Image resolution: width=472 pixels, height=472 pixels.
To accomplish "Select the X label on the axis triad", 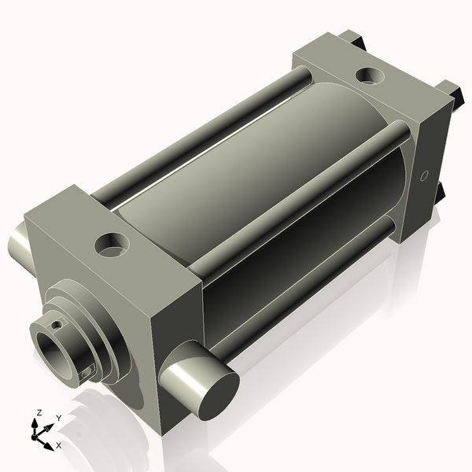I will coord(59,445).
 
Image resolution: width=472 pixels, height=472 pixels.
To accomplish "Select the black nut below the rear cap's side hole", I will coord(440,192).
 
